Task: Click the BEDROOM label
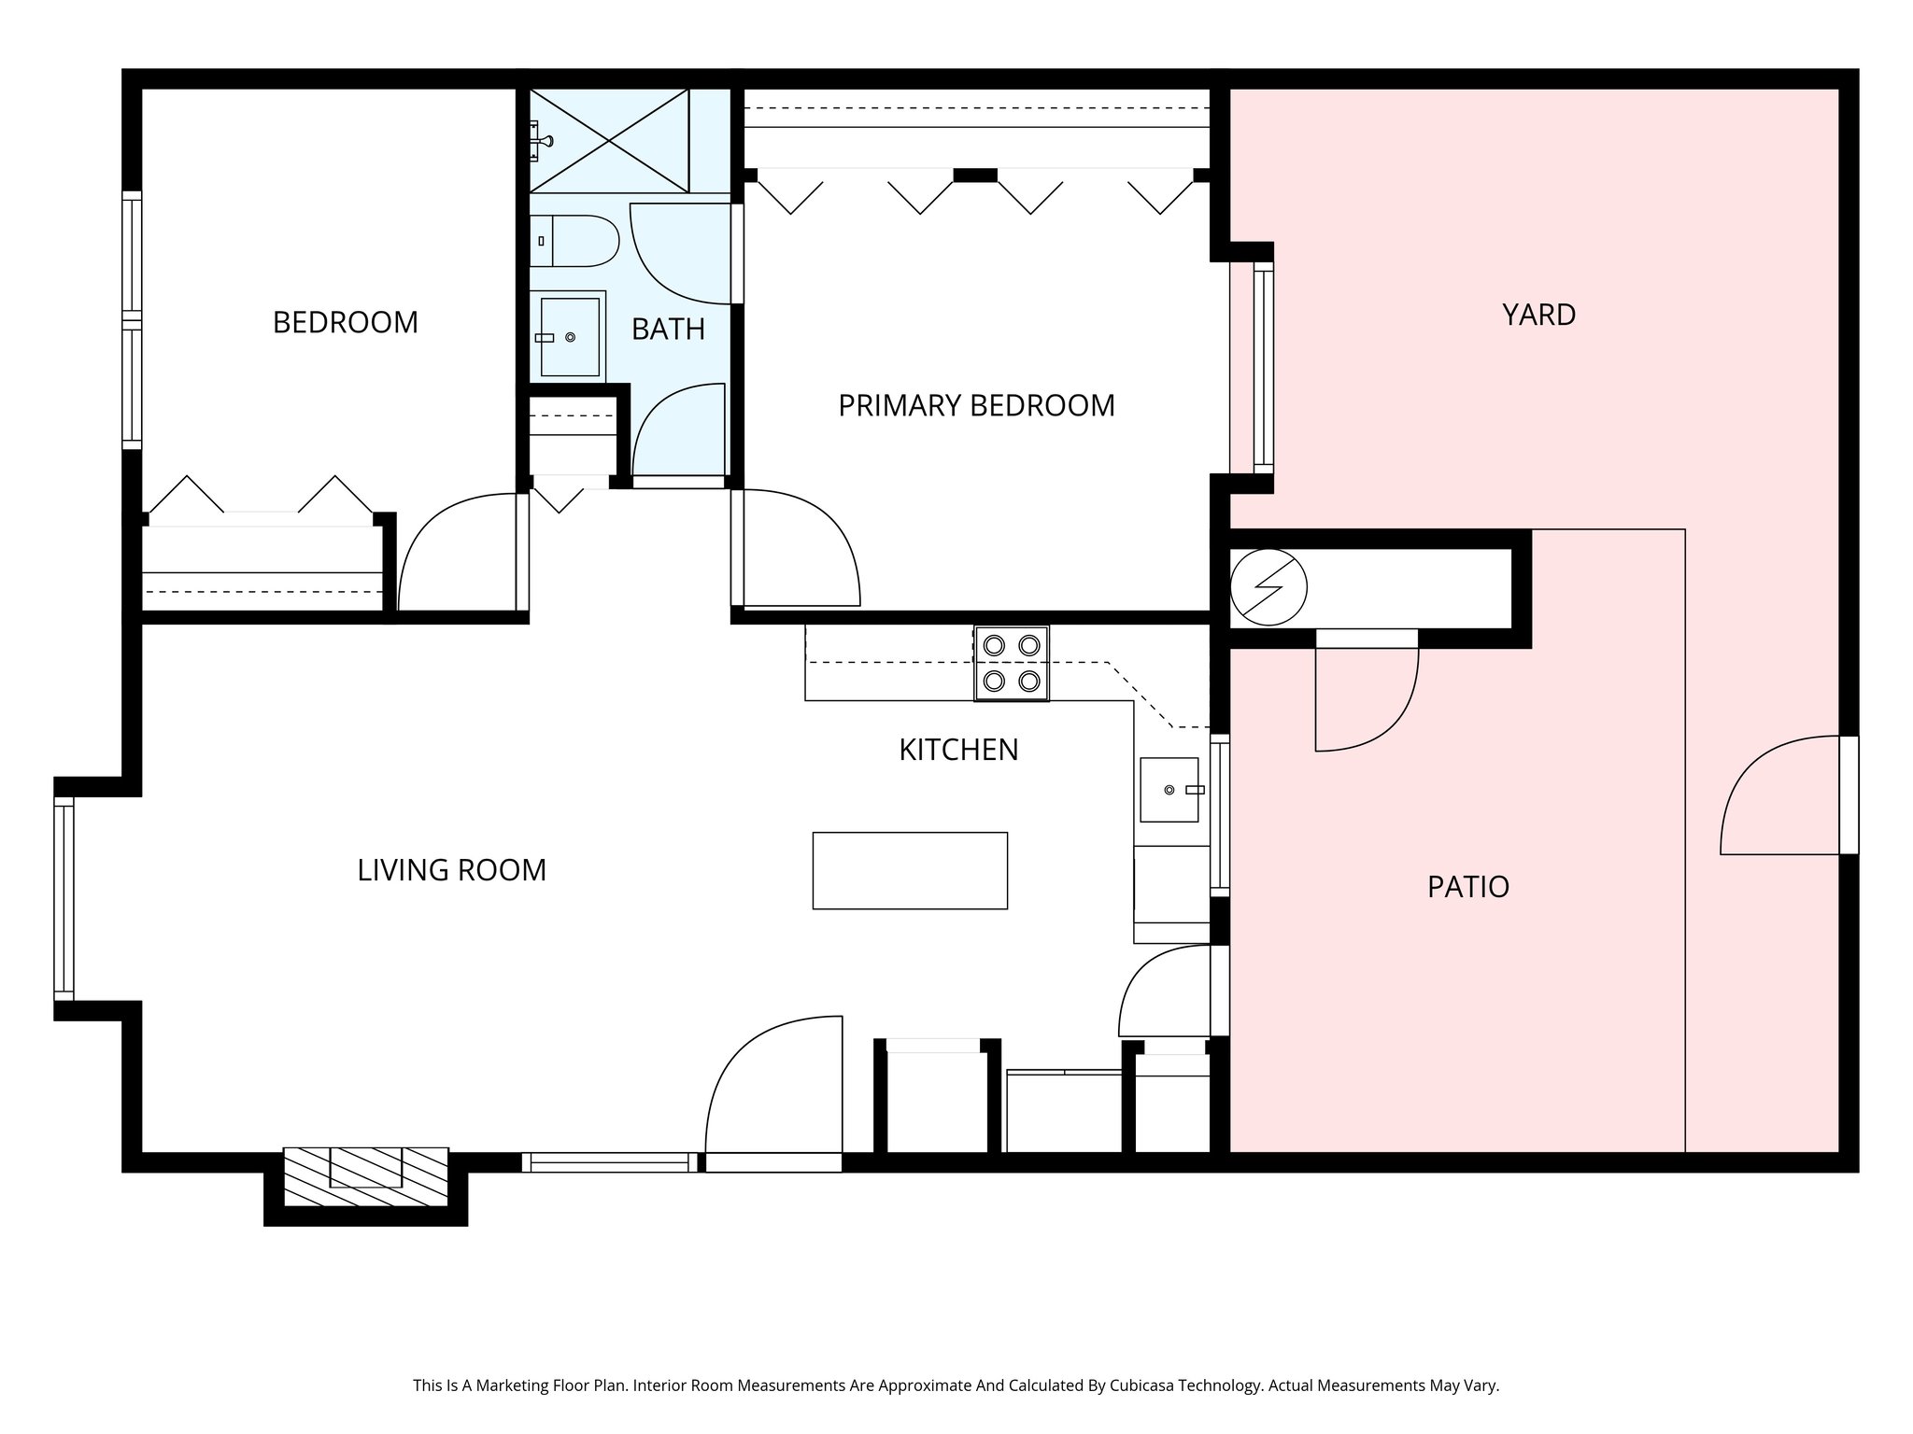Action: click(x=345, y=322)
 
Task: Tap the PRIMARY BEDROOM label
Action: click(x=976, y=405)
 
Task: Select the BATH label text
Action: click(x=668, y=329)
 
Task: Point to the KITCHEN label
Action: click(x=958, y=750)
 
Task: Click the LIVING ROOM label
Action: click(x=451, y=870)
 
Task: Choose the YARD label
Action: click(x=1538, y=315)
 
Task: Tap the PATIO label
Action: click(x=1467, y=887)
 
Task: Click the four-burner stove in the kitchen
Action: click(x=1012, y=663)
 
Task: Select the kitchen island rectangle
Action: click(x=910, y=870)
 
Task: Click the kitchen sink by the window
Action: click(x=1169, y=790)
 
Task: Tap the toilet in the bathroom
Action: click(x=574, y=241)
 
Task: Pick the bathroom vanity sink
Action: click(x=569, y=337)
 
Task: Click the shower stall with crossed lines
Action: click(x=609, y=140)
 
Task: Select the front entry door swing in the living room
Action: click(x=775, y=1088)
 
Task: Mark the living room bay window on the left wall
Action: click(x=64, y=898)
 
